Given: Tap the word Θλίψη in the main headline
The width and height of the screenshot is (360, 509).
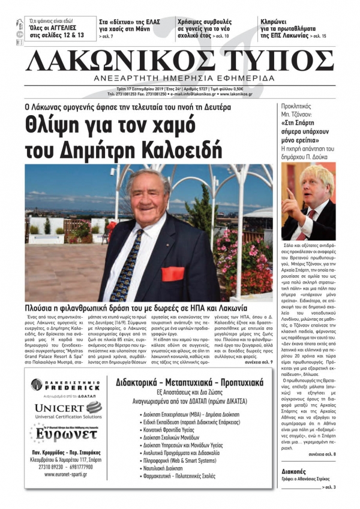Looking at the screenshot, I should coord(53,125).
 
